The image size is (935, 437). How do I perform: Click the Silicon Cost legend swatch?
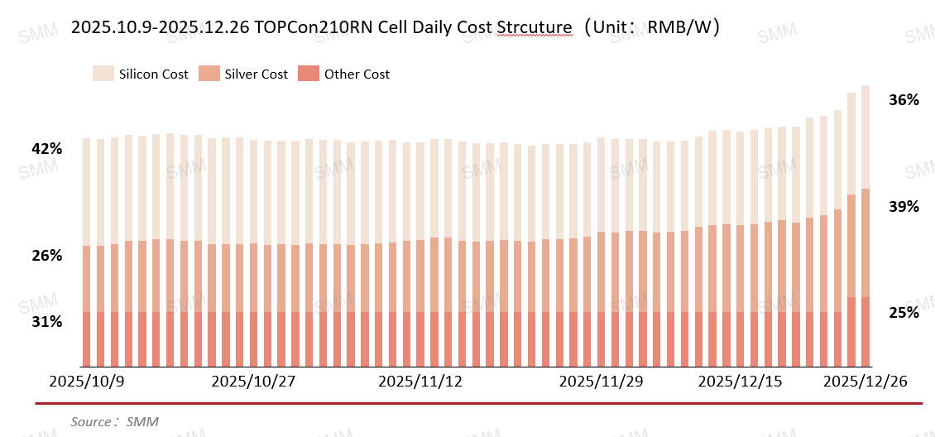click(103, 74)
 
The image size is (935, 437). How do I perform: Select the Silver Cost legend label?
click(257, 74)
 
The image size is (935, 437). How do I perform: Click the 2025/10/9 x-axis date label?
click(87, 382)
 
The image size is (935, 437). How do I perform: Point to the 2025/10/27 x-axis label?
click(253, 382)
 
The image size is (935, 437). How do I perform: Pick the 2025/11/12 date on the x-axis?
click(420, 382)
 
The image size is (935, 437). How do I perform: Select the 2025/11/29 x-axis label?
click(601, 382)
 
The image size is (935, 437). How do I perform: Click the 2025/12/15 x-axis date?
click(740, 382)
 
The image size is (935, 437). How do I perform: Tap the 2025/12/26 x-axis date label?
click(865, 382)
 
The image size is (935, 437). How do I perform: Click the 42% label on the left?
click(47, 149)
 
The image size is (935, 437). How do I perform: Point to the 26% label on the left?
click(47, 256)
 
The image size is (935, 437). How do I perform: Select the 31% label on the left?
click(47, 322)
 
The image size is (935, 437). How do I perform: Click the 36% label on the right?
click(904, 100)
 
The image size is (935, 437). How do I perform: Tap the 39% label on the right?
click(904, 207)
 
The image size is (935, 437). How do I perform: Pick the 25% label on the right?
click(904, 313)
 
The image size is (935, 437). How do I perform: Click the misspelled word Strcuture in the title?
click(535, 27)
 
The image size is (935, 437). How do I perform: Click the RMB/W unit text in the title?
click(676, 27)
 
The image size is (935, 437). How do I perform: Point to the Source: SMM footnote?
click(114, 422)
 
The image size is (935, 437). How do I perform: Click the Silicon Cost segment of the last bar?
click(865, 137)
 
